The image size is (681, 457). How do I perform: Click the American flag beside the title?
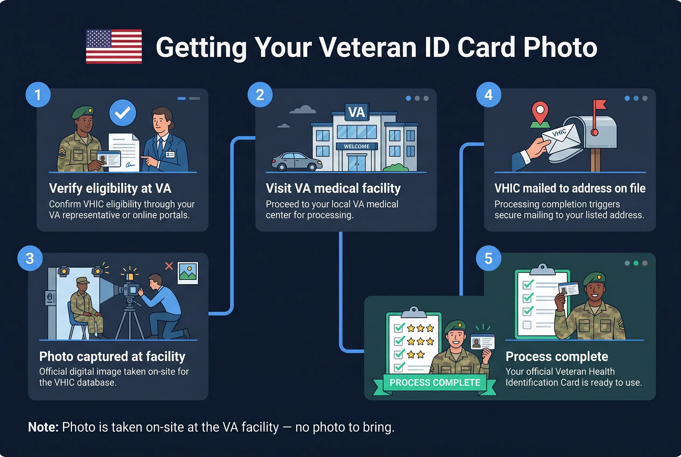tap(114, 47)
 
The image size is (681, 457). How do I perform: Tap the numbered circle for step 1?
tap(38, 95)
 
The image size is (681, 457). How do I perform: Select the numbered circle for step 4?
tap(489, 95)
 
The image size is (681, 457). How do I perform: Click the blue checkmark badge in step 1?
tap(122, 113)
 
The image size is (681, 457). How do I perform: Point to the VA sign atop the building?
tap(357, 112)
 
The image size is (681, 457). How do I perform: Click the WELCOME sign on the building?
tap(356, 146)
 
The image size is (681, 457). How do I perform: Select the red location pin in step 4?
tap(540, 112)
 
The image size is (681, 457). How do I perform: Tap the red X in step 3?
tap(169, 266)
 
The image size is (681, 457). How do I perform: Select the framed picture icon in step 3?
tap(188, 273)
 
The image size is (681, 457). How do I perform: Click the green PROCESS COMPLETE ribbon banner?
tap(435, 382)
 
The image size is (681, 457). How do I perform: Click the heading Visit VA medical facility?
tap(333, 188)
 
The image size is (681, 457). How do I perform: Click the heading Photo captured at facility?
tap(112, 356)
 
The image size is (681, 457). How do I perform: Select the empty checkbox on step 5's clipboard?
tap(527, 325)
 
